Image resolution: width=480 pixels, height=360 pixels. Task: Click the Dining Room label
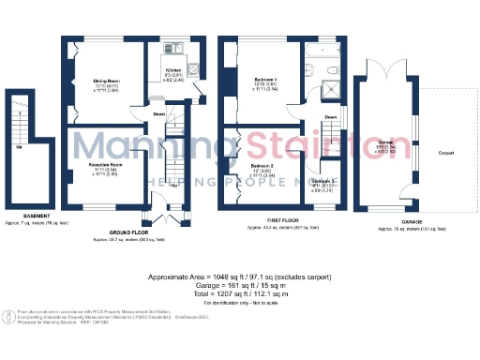(x=106, y=82)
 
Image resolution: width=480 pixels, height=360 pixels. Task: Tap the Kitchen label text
(x=173, y=70)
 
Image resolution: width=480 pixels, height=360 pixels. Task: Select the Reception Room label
(x=102, y=165)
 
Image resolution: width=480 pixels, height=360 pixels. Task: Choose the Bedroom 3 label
(x=324, y=180)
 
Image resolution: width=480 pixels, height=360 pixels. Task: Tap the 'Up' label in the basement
(x=19, y=146)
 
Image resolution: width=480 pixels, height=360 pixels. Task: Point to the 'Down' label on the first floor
(x=329, y=117)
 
